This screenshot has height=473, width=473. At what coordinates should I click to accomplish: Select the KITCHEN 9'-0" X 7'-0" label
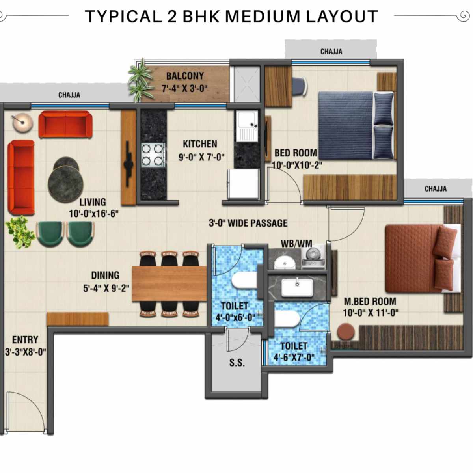(x=201, y=150)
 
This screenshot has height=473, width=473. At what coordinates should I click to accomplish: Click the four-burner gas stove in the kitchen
(x=153, y=155)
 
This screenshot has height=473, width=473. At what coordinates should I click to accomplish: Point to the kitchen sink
(x=246, y=125)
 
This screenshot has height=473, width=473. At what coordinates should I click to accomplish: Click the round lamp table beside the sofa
(x=22, y=122)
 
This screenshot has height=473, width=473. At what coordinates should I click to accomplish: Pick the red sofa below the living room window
(x=65, y=124)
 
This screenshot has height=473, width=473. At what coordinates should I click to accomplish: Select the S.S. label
(x=237, y=363)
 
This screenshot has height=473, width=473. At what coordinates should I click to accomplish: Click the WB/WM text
(x=296, y=244)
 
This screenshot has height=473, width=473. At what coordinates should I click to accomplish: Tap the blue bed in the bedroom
(x=346, y=125)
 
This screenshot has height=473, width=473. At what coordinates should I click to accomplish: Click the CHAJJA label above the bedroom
(x=331, y=52)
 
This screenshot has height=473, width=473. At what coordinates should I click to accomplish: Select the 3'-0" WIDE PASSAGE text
(x=248, y=223)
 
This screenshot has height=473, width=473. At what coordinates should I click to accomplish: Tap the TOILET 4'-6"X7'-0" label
(x=294, y=352)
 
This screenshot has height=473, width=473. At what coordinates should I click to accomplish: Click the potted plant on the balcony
(x=140, y=80)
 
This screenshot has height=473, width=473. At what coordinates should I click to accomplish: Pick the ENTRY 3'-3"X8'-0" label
(x=25, y=345)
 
